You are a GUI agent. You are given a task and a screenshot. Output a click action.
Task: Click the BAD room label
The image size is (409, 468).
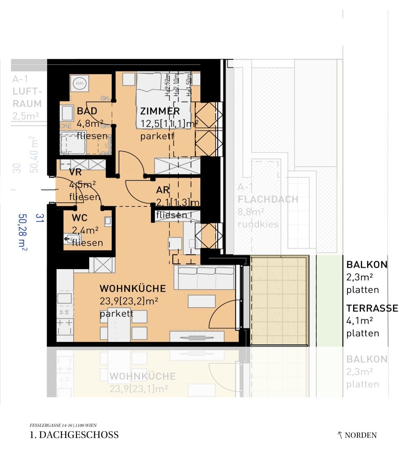[x=87, y=111]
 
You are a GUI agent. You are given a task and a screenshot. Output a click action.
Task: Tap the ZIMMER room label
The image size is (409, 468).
[x=160, y=111]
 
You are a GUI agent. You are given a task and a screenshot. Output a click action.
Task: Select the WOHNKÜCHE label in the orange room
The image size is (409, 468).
[x=132, y=289]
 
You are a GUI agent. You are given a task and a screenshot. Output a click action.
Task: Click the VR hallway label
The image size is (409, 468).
[x=75, y=172]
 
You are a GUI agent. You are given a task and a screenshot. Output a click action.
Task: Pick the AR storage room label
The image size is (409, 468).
[x=163, y=190]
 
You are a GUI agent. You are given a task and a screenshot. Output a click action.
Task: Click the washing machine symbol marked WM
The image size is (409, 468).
[x=80, y=83]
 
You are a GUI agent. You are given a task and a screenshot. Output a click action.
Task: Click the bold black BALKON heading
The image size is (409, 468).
[x=367, y=265]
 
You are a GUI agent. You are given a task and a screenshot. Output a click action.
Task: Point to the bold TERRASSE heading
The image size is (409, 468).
[x=372, y=309]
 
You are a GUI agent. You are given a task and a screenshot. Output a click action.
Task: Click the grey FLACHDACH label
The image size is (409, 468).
[x=268, y=200]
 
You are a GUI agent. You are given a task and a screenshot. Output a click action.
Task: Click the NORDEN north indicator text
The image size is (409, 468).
[x=360, y=435]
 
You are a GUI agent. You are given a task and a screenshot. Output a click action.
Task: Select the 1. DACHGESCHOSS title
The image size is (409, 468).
[x=74, y=435]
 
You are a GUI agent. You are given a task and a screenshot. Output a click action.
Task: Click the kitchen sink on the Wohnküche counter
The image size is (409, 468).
[x=65, y=298]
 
